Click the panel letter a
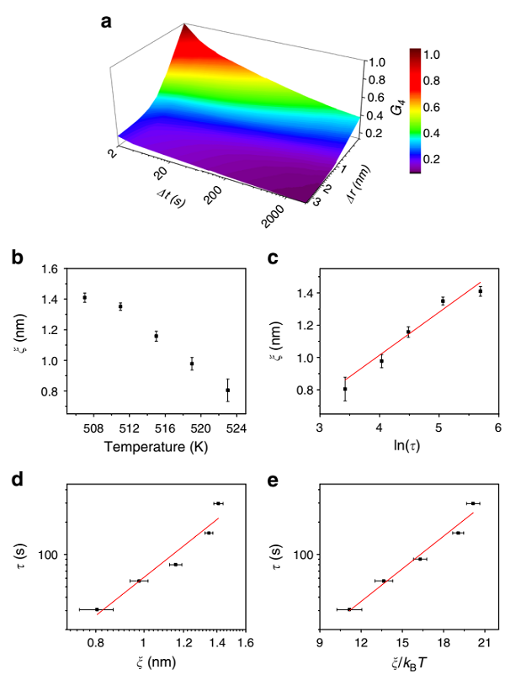click(x=106, y=22)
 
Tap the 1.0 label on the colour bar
click(x=432, y=54)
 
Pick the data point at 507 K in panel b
click(x=85, y=297)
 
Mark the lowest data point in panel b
click(x=228, y=390)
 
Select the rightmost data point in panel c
click(x=481, y=291)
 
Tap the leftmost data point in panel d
click(x=97, y=609)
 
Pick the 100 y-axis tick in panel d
click(x=46, y=555)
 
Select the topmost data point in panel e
click(x=473, y=503)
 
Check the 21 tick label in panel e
click(x=484, y=644)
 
